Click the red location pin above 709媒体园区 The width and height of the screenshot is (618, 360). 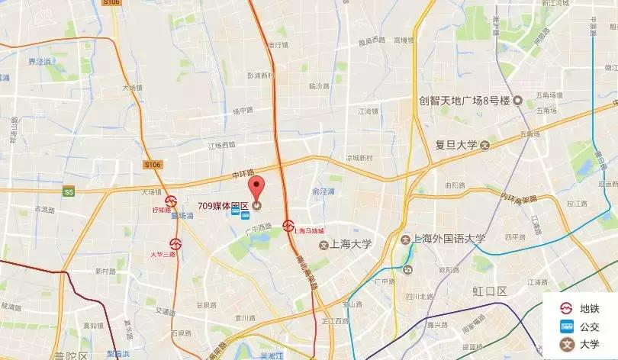click(x=257, y=186)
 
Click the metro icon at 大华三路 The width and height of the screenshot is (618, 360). click(x=176, y=245)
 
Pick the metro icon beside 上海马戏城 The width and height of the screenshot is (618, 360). click(x=288, y=225)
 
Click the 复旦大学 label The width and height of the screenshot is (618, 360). click(x=456, y=145)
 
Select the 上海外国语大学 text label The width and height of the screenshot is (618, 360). click(x=449, y=239)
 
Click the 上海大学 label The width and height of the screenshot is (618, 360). click(x=349, y=245)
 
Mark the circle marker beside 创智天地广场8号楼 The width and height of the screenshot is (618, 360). click(x=517, y=101)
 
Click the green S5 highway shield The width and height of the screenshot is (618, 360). click(x=69, y=192)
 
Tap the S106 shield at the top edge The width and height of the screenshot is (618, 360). click(x=111, y=3)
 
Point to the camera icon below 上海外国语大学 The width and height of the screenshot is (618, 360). click(x=407, y=268)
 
